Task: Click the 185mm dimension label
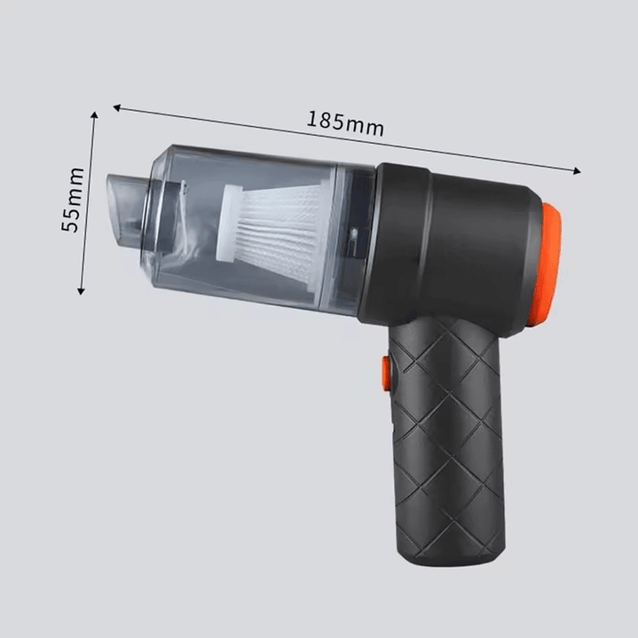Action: tap(345, 124)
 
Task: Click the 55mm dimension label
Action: tap(73, 200)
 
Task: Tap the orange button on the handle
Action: tap(385, 373)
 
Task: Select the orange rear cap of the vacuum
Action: tap(548, 264)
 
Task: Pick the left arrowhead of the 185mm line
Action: tap(117, 107)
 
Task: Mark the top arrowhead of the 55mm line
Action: tap(94, 115)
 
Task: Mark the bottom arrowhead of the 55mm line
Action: tap(81, 290)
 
